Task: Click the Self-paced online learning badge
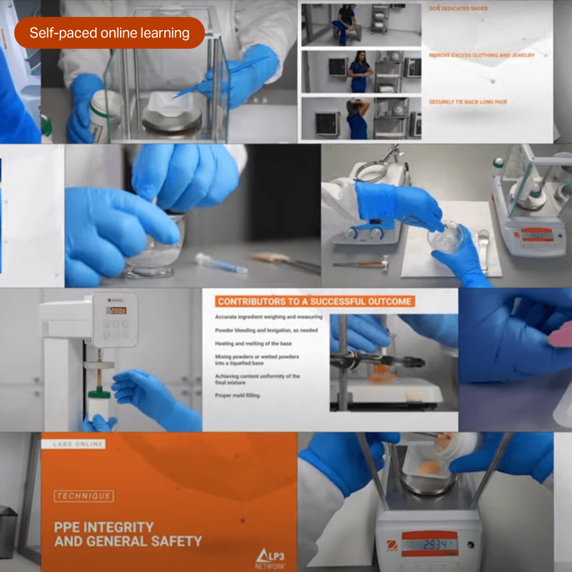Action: [x=109, y=33]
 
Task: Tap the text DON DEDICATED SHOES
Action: [x=458, y=8]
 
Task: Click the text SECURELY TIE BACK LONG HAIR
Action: [x=468, y=102]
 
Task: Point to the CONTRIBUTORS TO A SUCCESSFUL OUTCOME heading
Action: [x=315, y=301]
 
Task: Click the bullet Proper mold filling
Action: [x=237, y=395]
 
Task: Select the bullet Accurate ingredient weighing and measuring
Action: [x=269, y=317]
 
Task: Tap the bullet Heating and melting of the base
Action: [x=253, y=343]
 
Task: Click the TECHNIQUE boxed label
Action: [x=83, y=496]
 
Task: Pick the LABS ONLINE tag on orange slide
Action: [x=78, y=444]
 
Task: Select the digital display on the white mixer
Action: [x=116, y=310]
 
